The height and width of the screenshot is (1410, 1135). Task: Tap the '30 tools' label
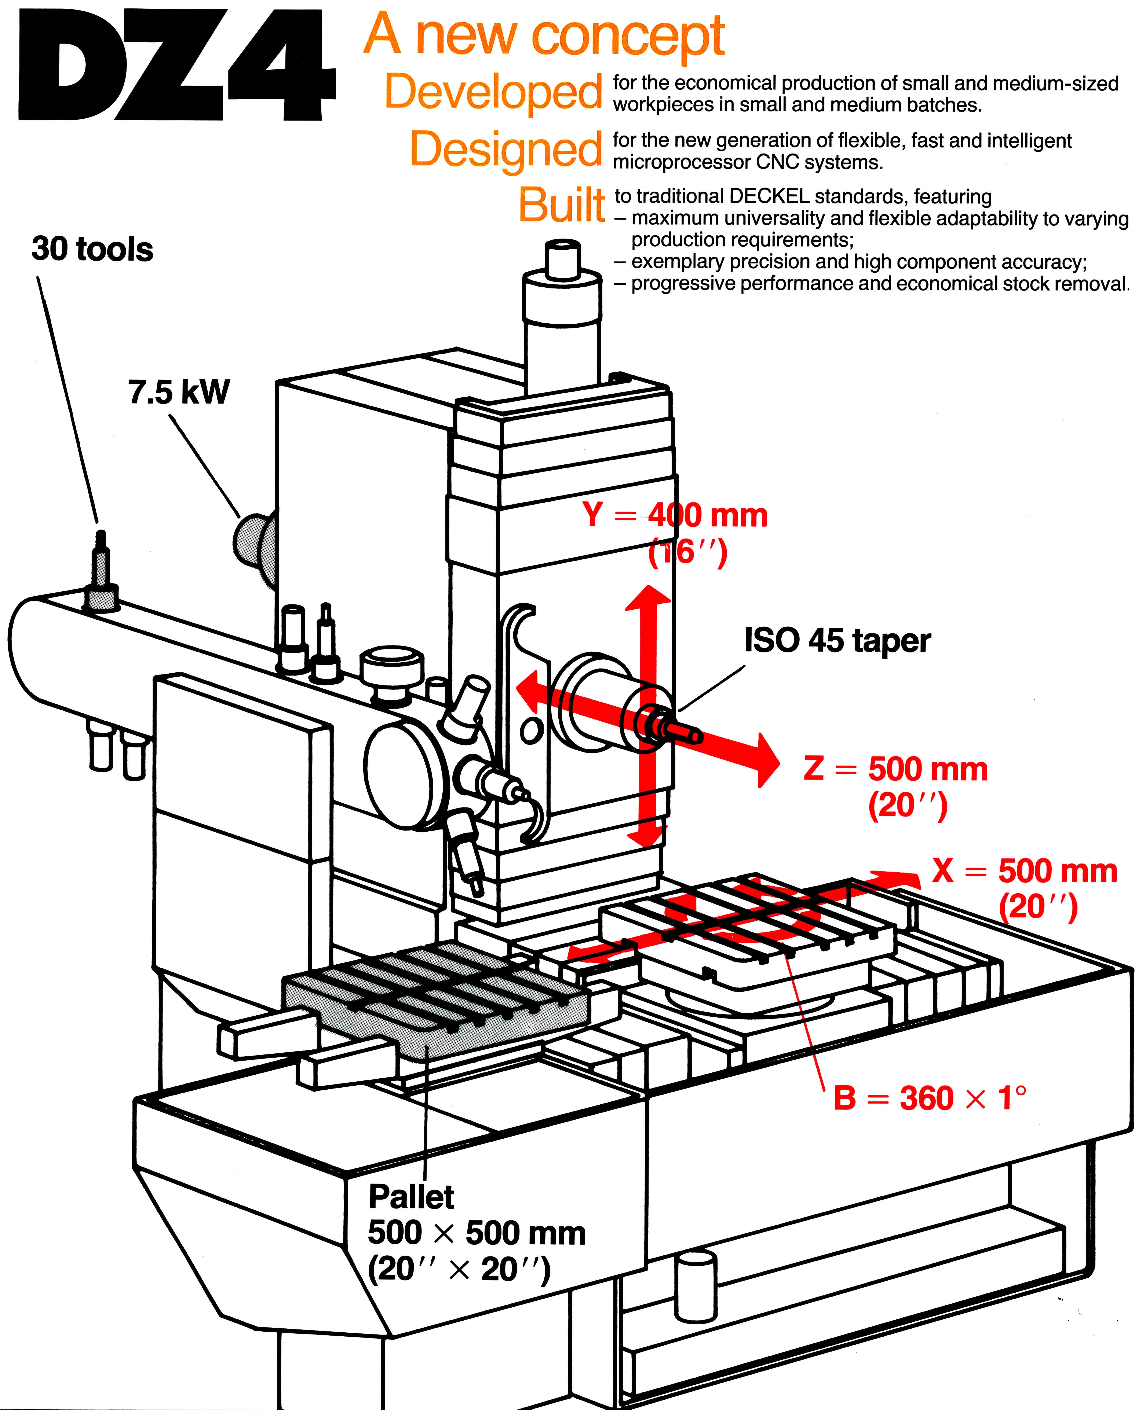tap(92, 249)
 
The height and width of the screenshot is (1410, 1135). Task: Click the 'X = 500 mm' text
tap(1025, 871)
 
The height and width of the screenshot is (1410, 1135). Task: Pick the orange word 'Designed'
tap(505, 149)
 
